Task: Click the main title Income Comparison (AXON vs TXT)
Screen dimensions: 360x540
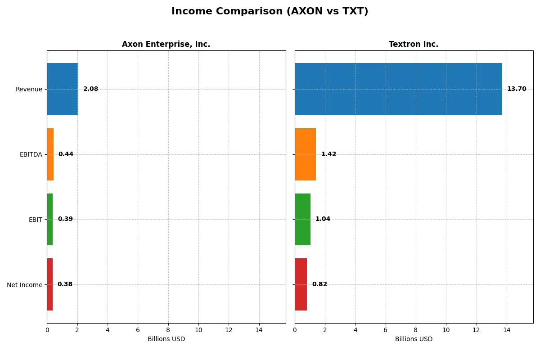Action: click(270, 12)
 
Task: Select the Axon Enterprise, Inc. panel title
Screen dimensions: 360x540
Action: click(166, 45)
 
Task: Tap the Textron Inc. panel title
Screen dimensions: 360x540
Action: click(414, 45)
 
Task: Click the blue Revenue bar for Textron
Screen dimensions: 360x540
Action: click(398, 89)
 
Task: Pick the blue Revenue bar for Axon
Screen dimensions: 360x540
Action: click(63, 89)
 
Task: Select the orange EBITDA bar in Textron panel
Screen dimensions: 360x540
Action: click(305, 154)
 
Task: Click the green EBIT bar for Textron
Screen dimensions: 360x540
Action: click(302, 219)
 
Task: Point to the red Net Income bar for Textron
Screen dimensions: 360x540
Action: click(301, 284)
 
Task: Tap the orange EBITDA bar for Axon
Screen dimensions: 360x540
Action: click(50, 154)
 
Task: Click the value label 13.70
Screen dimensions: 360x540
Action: click(517, 89)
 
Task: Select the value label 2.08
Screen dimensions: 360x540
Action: click(90, 89)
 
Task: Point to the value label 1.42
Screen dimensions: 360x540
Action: click(328, 154)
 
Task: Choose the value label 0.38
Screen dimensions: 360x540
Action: click(65, 284)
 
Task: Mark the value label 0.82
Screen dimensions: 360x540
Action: click(319, 284)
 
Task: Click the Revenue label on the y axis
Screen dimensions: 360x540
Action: click(29, 90)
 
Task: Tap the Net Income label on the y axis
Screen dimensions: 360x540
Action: click(24, 285)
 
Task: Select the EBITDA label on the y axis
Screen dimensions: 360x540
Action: click(31, 155)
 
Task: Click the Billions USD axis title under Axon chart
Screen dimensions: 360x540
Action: click(166, 339)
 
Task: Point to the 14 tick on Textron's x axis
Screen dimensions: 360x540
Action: click(507, 330)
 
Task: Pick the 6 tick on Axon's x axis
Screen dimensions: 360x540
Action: click(138, 330)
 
